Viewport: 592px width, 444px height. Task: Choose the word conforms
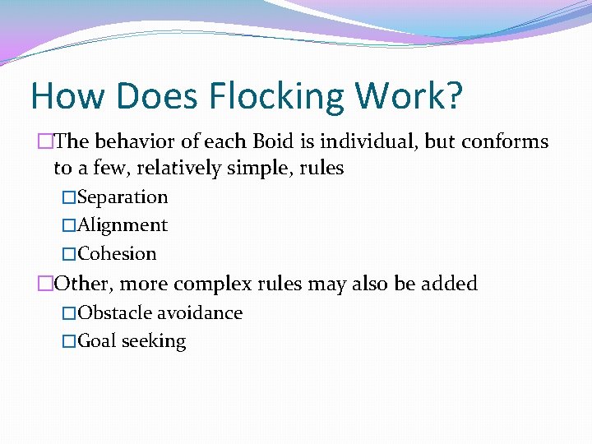(504, 141)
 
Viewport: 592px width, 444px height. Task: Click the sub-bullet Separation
(123, 197)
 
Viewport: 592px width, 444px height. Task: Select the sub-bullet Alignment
(123, 225)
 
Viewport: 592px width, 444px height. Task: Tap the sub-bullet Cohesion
(117, 253)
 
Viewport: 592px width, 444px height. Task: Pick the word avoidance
(199, 313)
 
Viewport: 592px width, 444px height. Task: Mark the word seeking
(154, 341)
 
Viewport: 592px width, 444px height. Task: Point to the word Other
(84, 284)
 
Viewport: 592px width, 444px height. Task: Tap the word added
(449, 284)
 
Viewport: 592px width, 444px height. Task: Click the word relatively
(182, 169)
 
